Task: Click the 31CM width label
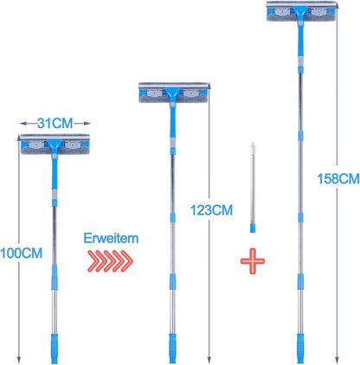[x=55, y=124]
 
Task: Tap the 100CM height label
[x=22, y=253]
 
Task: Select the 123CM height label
[x=211, y=210]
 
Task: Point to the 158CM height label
[x=338, y=179]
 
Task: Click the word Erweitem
[x=111, y=239]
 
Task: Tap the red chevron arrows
[x=110, y=261]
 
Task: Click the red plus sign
[x=253, y=261]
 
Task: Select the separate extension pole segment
[x=253, y=187]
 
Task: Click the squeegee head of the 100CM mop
[x=55, y=144]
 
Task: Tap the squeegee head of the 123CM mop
[x=173, y=93]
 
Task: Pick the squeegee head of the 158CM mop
[x=301, y=11]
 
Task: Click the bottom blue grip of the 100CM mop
[x=55, y=349]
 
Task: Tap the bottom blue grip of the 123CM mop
[x=172, y=349]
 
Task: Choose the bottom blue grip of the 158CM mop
[x=300, y=349]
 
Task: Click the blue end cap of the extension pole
[x=253, y=228]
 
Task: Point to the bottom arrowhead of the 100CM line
[x=19, y=359]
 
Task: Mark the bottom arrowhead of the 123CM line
[x=209, y=359]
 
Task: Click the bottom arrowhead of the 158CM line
[x=337, y=359]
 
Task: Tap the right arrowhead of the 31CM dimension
[x=87, y=124]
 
